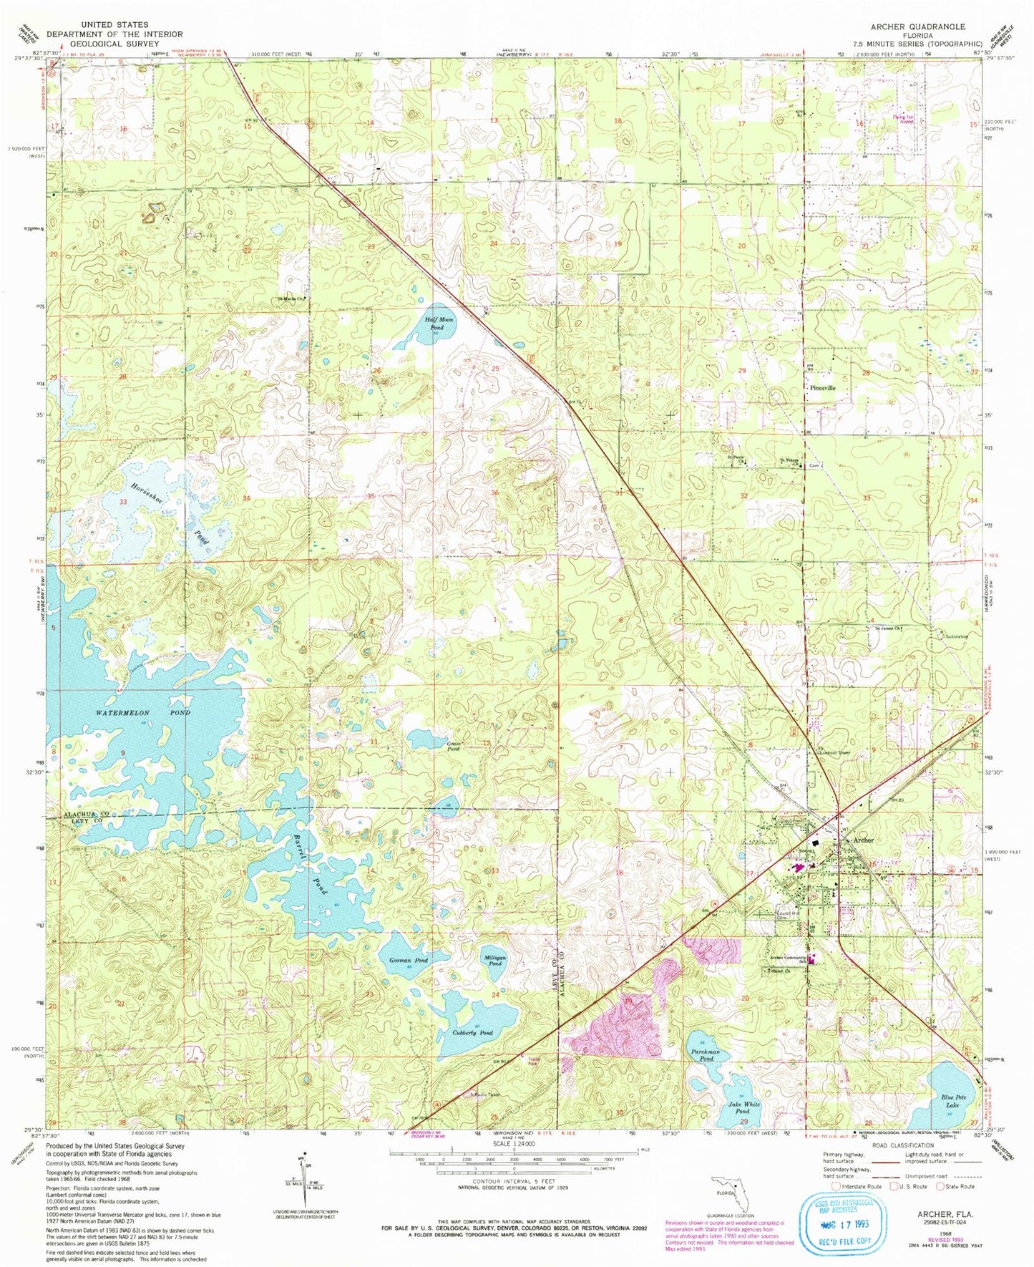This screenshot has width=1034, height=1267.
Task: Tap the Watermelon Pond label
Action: (143, 713)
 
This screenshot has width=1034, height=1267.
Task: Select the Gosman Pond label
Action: (408, 960)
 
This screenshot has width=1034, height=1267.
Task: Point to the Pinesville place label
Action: (823, 388)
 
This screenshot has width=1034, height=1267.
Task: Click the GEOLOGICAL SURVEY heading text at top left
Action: (114, 44)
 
